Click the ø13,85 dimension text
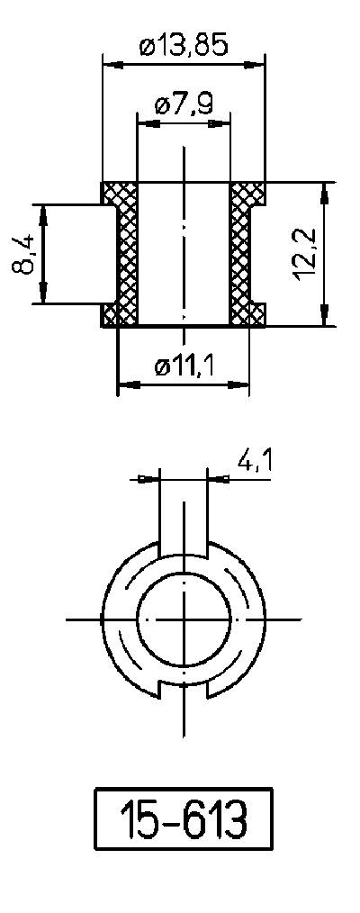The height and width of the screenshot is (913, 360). click(x=184, y=46)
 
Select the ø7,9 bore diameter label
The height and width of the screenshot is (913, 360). click(x=184, y=104)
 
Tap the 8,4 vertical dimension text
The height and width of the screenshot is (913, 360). click(x=26, y=254)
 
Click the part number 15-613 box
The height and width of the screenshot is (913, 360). click(x=184, y=820)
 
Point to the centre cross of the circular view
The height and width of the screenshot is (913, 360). click(x=184, y=619)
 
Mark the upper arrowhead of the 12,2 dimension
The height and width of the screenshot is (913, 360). click(x=323, y=188)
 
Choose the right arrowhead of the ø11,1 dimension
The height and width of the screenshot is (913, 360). click(x=242, y=384)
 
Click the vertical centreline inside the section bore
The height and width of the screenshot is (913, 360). click(x=184, y=252)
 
